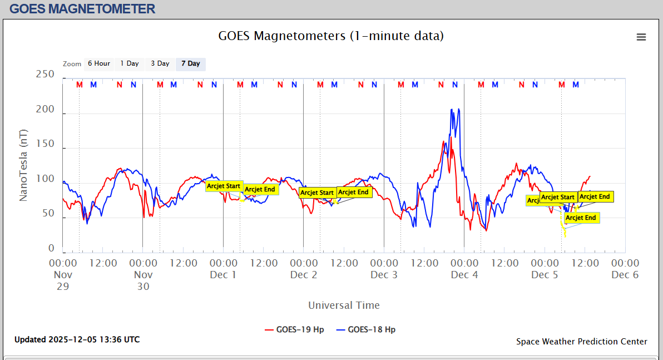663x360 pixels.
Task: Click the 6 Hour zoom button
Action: tap(99, 63)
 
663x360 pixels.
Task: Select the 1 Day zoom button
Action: tap(130, 63)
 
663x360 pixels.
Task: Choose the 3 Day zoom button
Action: tap(160, 63)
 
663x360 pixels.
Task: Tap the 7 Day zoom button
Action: tap(191, 63)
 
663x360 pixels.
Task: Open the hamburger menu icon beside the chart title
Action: tap(641, 37)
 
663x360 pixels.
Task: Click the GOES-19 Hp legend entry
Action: tap(294, 329)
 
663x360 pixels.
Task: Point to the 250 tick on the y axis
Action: tap(44, 75)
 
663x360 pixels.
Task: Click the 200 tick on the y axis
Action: tap(44, 110)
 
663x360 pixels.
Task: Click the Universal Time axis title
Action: tap(344, 305)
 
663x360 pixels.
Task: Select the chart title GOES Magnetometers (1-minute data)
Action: tap(331, 36)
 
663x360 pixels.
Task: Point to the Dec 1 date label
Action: tap(224, 274)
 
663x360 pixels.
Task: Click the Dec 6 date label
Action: tap(625, 274)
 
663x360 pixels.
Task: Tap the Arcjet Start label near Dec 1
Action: tap(224, 186)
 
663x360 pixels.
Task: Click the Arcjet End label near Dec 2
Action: tap(354, 193)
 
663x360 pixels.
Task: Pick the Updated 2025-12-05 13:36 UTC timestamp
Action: tap(77, 339)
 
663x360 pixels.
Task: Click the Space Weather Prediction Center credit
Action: tap(581, 342)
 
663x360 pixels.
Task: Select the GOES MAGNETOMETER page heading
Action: tap(82, 9)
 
